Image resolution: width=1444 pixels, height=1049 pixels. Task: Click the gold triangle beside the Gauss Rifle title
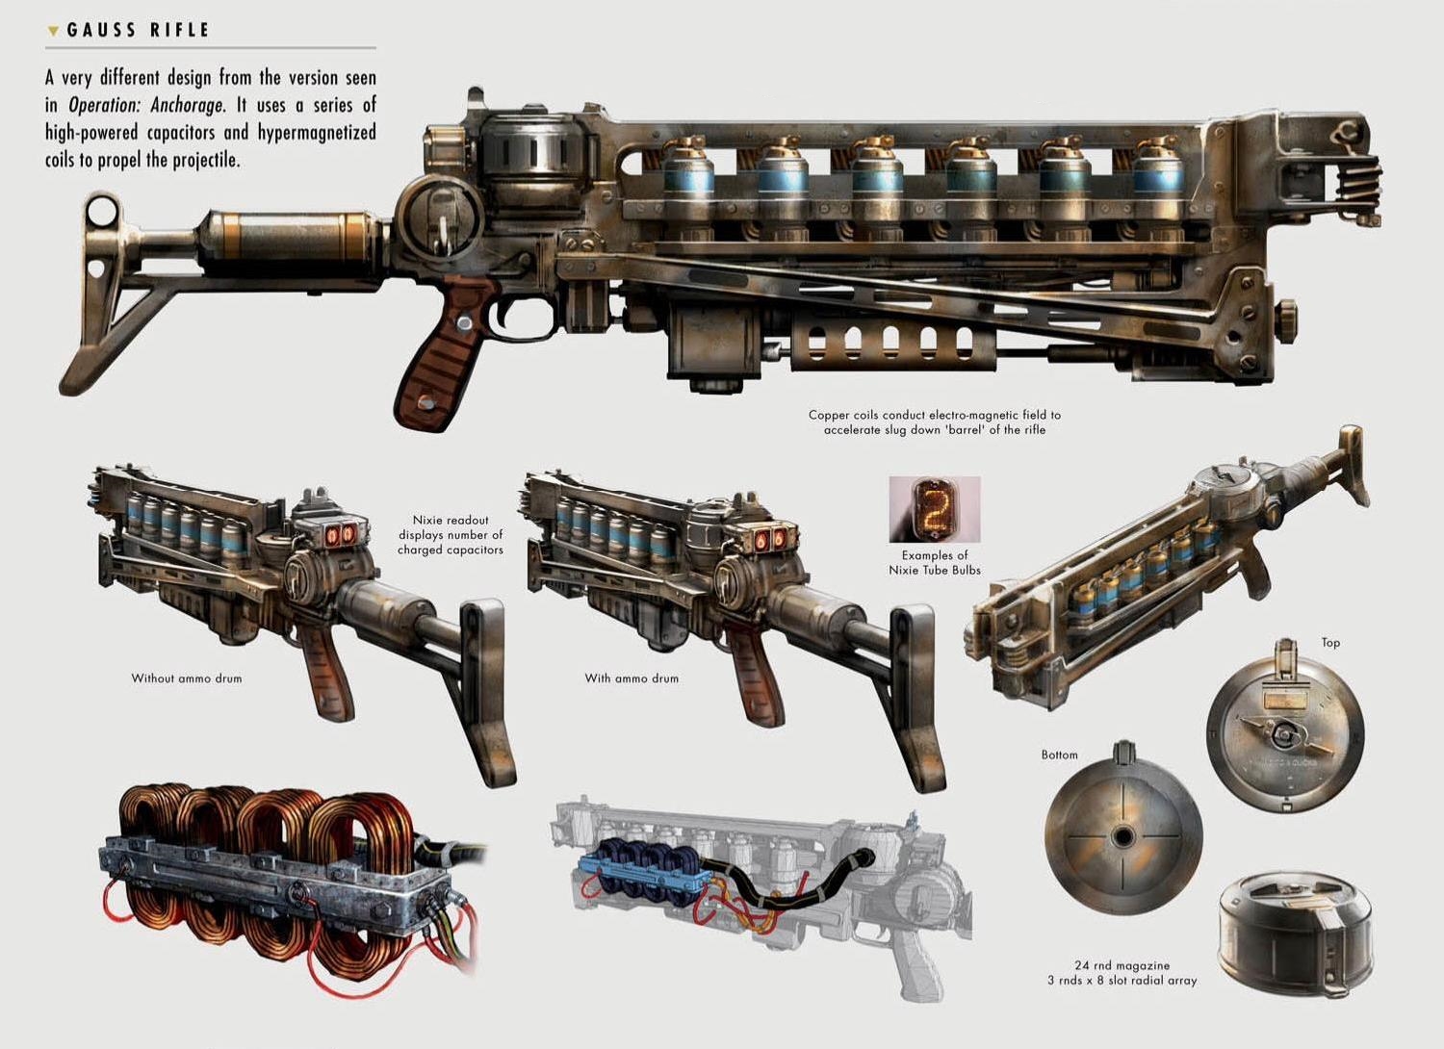point(53,32)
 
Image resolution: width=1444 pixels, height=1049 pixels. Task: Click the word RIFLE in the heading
point(179,31)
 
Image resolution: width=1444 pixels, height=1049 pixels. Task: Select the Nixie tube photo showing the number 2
point(934,508)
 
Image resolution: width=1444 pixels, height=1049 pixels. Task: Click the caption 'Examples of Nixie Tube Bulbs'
point(934,562)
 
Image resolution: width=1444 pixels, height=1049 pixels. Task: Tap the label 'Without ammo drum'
point(187,678)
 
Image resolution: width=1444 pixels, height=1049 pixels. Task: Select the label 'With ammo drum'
point(632,678)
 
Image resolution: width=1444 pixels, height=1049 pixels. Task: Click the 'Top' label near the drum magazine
point(1330,643)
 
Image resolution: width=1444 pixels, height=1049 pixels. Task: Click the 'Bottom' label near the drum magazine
point(1059,755)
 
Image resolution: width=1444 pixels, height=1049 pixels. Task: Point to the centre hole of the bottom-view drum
point(1122,836)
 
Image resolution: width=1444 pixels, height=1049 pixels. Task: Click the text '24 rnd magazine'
point(1122,965)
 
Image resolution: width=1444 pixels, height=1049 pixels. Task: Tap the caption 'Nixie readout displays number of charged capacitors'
point(451,535)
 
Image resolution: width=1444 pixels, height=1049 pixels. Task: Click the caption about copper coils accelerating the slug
point(934,422)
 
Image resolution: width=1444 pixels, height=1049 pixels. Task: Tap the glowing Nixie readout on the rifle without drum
point(338,535)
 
